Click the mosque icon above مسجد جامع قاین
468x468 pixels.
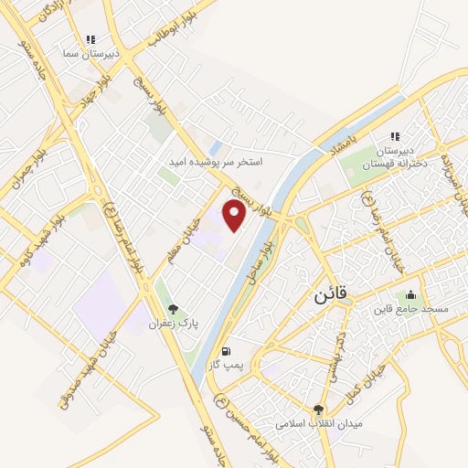tap(410, 294)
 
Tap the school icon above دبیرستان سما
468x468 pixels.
tap(90, 39)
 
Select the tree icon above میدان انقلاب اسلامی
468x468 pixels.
tap(318, 410)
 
